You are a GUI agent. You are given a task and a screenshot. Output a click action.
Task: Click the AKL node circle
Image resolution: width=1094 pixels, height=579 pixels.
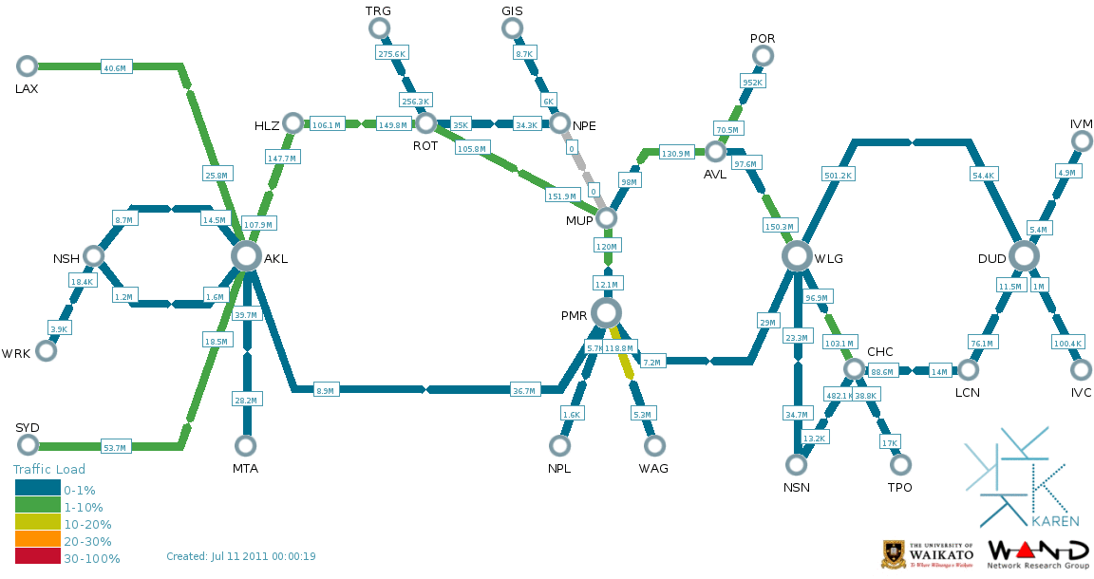pyautogui.click(x=246, y=255)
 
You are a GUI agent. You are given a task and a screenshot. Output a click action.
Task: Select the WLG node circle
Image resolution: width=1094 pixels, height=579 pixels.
pyautogui.click(x=797, y=255)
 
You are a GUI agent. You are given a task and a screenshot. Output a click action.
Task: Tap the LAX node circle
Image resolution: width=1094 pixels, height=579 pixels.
pyautogui.click(x=28, y=65)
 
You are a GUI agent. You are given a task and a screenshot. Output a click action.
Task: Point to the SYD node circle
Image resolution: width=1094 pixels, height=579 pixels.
pyautogui.click(x=28, y=445)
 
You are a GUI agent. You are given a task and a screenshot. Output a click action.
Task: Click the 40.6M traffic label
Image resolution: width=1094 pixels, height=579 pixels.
pyautogui.click(x=115, y=67)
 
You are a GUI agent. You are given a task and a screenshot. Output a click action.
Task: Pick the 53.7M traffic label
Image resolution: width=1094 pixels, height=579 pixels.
pyautogui.click(x=115, y=447)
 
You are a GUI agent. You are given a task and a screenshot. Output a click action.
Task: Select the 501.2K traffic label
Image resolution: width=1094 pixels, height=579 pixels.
pyautogui.click(x=839, y=175)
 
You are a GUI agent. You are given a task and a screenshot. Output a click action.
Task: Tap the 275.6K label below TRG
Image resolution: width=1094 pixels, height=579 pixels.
pyautogui.click(x=391, y=54)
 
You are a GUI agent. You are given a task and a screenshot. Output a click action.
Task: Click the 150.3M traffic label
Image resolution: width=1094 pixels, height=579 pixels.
pyautogui.click(x=778, y=226)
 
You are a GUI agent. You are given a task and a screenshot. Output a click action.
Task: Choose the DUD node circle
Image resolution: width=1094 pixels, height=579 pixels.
pyautogui.click(x=1024, y=255)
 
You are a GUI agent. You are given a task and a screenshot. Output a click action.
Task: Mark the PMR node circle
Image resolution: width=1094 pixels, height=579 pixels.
pyautogui.click(x=606, y=312)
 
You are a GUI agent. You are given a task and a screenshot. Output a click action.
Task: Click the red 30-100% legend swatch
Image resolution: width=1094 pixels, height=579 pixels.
pyautogui.click(x=38, y=558)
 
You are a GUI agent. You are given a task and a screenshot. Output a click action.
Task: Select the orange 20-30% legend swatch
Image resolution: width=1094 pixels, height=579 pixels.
pyautogui.click(x=38, y=541)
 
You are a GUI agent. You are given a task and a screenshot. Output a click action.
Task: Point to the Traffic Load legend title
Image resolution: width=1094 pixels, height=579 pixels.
pyautogui.click(x=48, y=469)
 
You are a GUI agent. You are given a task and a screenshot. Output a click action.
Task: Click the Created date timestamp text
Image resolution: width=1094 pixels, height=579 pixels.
pyautogui.click(x=241, y=556)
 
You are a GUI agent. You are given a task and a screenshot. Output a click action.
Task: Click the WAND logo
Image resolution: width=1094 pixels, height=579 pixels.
pyautogui.click(x=1039, y=552)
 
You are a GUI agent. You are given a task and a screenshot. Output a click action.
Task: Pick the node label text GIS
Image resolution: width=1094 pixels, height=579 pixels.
pyautogui.click(x=512, y=10)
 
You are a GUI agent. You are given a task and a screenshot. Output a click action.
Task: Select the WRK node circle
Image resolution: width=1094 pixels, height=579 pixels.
pyautogui.click(x=46, y=350)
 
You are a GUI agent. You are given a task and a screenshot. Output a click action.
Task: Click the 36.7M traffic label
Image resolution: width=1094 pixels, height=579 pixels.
pyautogui.click(x=523, y=390)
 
